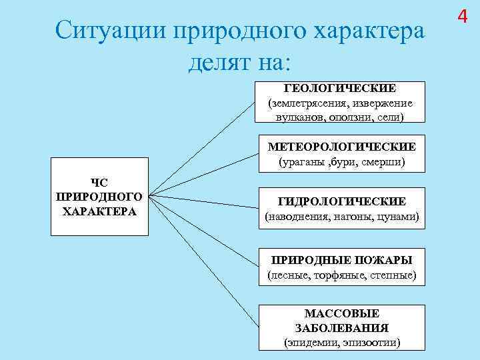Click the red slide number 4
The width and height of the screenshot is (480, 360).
[464, 15]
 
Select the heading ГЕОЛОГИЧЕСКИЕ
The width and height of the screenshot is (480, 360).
[340, 88]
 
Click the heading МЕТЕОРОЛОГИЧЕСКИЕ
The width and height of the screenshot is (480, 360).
[341, 147]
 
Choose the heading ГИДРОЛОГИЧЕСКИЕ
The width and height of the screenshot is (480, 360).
[341, 201]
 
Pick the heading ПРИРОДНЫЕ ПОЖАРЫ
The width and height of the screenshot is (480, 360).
[341, 260]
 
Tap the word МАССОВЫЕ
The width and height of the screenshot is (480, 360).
[341, 313]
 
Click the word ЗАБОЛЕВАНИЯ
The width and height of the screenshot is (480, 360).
[341, 328]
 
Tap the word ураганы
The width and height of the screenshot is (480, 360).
[298, 162]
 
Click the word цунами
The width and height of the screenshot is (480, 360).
[397, 217]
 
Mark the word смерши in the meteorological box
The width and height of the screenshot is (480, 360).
[385, 162]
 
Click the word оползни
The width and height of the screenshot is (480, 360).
[351, 117]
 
